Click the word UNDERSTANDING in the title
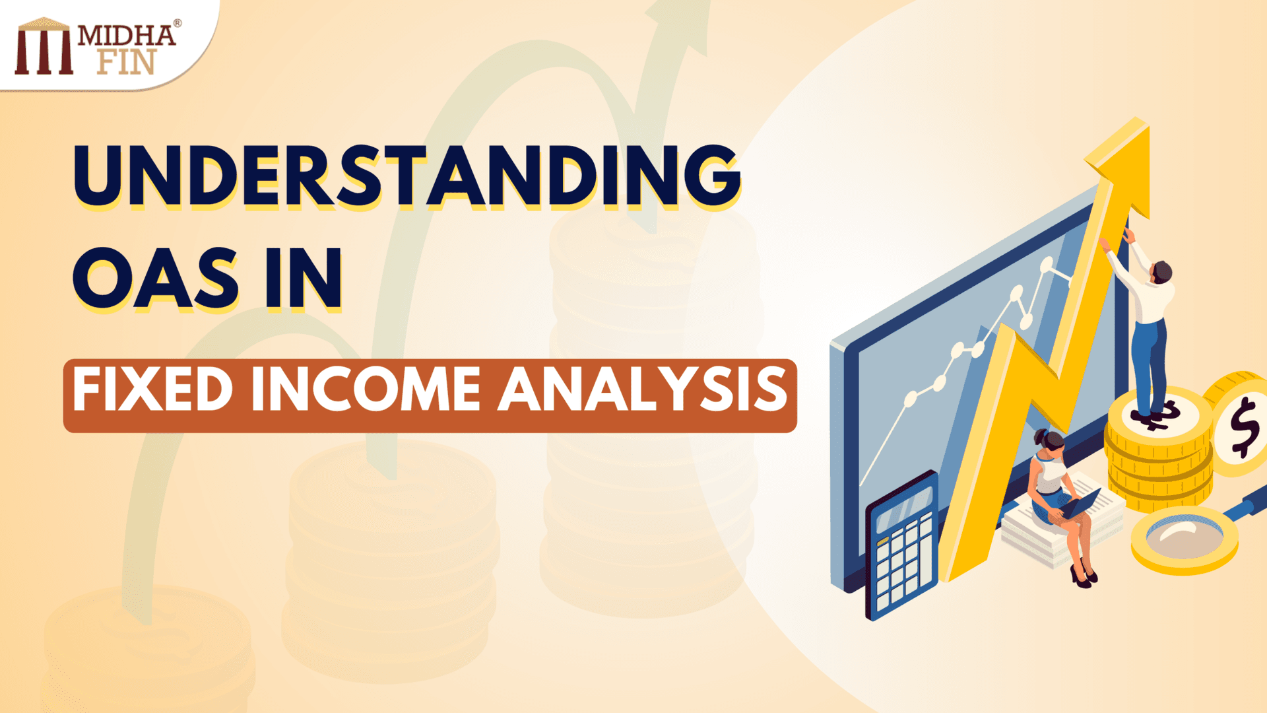pyautogui.click(x=406, y=175)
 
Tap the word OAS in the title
pyautogui.click(x=156, y=278)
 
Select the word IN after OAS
pyautogui.click(x=304, y=278)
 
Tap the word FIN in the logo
pyautogui.click(x=126, y=62)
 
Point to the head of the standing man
pyautogui.click(x=1161, y=271)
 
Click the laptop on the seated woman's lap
pyautogui.click(x=1079, y=505)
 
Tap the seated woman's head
pyautogui.click(x=1050, y=442)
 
